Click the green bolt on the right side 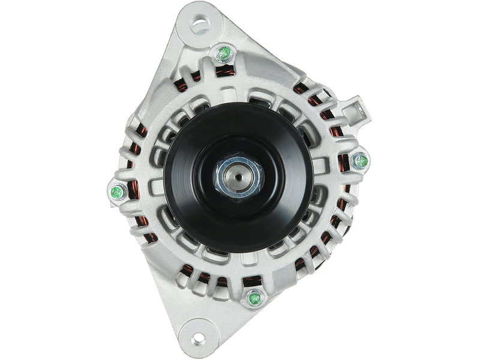(359, 161)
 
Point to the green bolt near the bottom (253, 297)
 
